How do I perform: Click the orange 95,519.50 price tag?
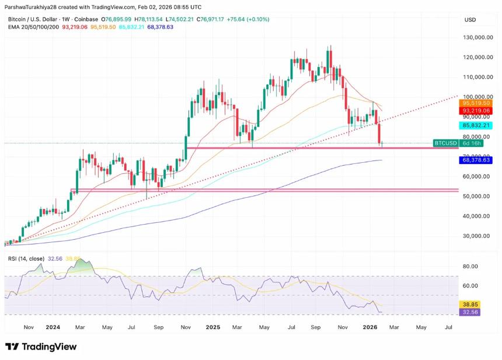[477, 103]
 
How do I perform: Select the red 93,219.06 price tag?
[477, 110]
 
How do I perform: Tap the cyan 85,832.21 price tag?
[477, 125]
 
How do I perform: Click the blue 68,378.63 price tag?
[477, 159]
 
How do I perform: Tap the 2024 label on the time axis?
[54, 328]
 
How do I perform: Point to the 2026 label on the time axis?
[369, 328]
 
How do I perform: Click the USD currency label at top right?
[470, 20]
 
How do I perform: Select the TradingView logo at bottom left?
[41, 347]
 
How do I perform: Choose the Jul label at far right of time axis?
[448, 328]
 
